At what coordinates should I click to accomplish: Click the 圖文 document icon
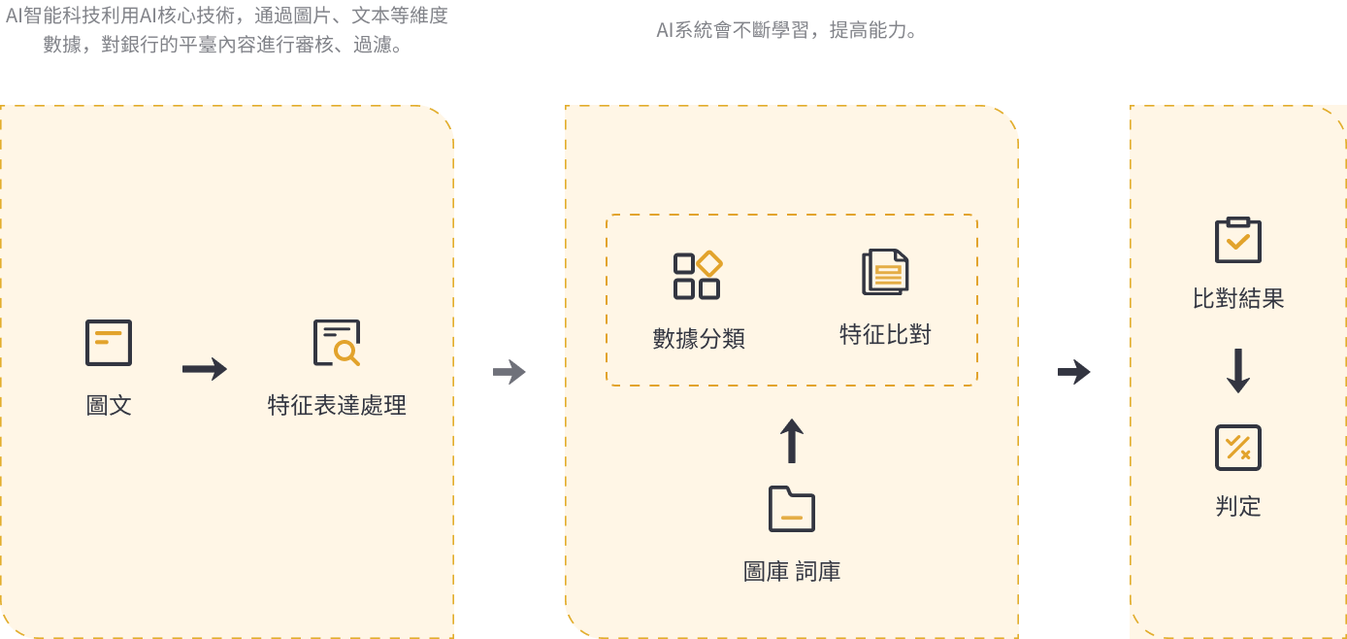tap(109, 343)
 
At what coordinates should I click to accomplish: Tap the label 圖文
tap(109, 405)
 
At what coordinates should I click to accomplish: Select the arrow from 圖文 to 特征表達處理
tap(205, 369)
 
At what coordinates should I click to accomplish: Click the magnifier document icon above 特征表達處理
tap(337, 343)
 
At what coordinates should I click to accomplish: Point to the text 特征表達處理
tap(337, 405)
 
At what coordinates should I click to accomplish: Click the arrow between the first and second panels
tap(509, 372)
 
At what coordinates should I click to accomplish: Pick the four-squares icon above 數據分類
tap(698, 276)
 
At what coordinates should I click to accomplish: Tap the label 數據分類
tap(699, 339)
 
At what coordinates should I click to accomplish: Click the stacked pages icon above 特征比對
tap(885, 272)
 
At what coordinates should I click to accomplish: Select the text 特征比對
tap(885, 335)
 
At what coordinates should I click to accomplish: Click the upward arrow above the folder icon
tap(793, 442)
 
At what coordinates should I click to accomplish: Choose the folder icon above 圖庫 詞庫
tap(792, 509)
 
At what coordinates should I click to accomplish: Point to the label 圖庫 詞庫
tap(792, 572)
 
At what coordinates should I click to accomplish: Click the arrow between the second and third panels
tap(1074, 372)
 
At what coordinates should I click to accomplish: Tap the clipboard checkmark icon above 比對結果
tap(1238, 240)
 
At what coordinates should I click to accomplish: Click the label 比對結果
tap(1238, 299)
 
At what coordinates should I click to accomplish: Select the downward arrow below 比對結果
tap(1237, 372)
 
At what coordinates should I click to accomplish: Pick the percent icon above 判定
tap(1238, 448)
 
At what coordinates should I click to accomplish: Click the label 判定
tap(1238, 506)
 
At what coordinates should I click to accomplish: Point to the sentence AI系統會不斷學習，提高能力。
tap(788, 30)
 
